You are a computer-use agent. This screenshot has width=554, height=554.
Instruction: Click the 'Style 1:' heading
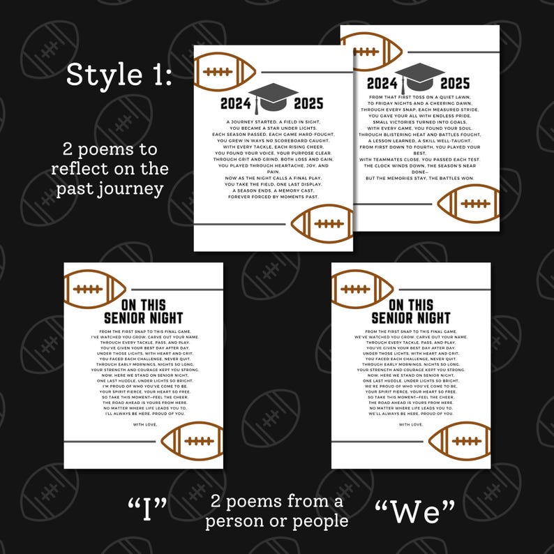tap(119, 76)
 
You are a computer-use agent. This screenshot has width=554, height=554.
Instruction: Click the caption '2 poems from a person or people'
tap(278, 511)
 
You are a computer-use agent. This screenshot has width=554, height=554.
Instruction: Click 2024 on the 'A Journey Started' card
tap(235, 105)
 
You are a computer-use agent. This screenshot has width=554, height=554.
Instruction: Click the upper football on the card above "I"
tap(94, 289)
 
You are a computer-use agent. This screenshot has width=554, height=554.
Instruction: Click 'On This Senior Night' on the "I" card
tap(142, 311)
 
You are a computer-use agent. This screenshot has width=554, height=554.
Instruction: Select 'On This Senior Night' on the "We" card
tap(410, 311)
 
